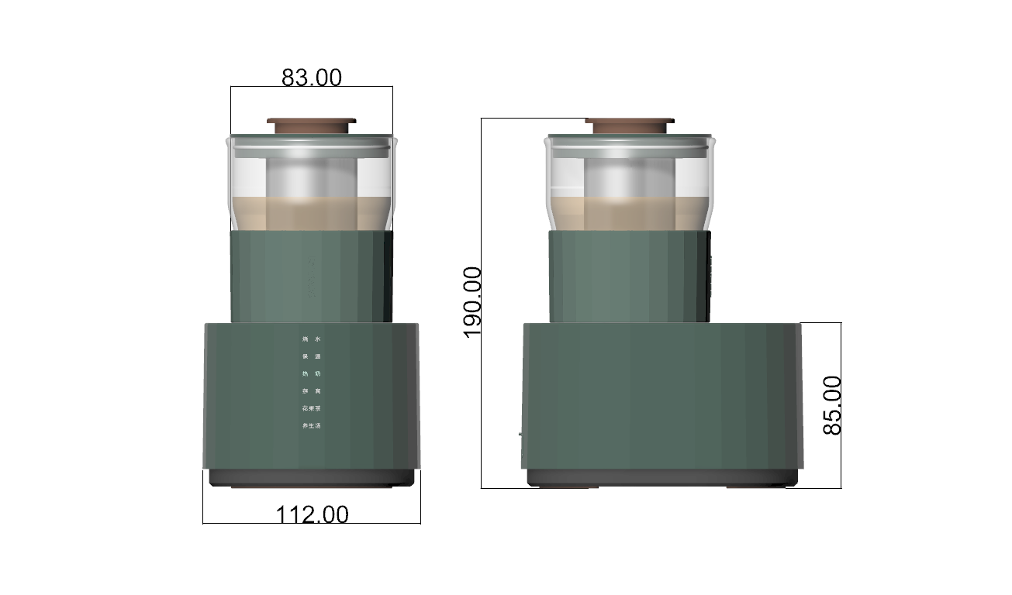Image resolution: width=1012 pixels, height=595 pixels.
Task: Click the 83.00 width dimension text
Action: [311, 77]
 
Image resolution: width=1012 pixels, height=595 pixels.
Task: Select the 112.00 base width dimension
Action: [312, 514]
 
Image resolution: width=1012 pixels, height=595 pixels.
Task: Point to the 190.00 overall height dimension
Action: [472, 302]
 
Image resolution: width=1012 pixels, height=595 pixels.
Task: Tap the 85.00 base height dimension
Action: [832, 404]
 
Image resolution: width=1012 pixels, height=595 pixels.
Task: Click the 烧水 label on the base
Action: [311, 339]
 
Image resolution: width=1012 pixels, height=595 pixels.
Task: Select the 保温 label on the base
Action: [311, 356]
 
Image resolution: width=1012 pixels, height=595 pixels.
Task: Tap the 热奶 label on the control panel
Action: [311, 374]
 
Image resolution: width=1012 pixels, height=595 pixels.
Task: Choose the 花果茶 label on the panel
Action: [311, 408]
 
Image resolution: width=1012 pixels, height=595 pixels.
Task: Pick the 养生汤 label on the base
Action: [311, 426]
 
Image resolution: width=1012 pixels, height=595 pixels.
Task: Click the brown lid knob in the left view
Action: [311, 125]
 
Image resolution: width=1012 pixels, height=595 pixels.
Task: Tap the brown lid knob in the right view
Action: [630, 125]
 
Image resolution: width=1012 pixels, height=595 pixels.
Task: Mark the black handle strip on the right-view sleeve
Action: [709, 275]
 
